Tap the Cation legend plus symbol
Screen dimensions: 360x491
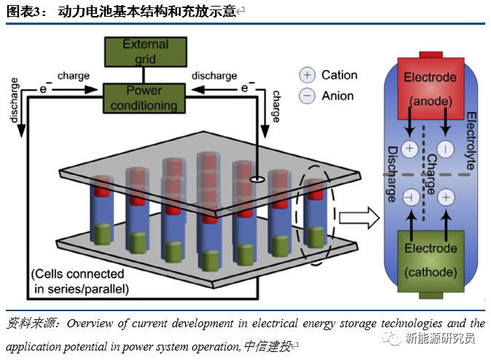[307, 75]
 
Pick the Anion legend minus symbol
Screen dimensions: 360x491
[307, 95]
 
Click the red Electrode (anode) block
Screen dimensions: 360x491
[429, 87]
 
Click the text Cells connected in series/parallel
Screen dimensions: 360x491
[79, 281]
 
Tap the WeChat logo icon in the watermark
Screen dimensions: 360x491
[396, 338]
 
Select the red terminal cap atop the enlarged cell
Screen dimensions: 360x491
[429, 55]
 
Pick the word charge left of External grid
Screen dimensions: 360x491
[74, 76]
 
